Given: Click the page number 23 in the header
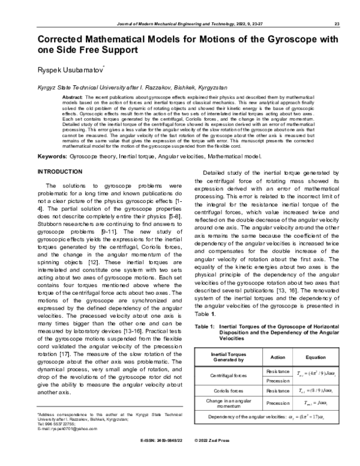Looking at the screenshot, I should pyautogui.click(x=338, y=23).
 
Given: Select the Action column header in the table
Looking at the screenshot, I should pyautogui.click(x=278, y=357).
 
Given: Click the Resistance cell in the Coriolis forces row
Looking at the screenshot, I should pyautogui.click(x=278, y=391).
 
